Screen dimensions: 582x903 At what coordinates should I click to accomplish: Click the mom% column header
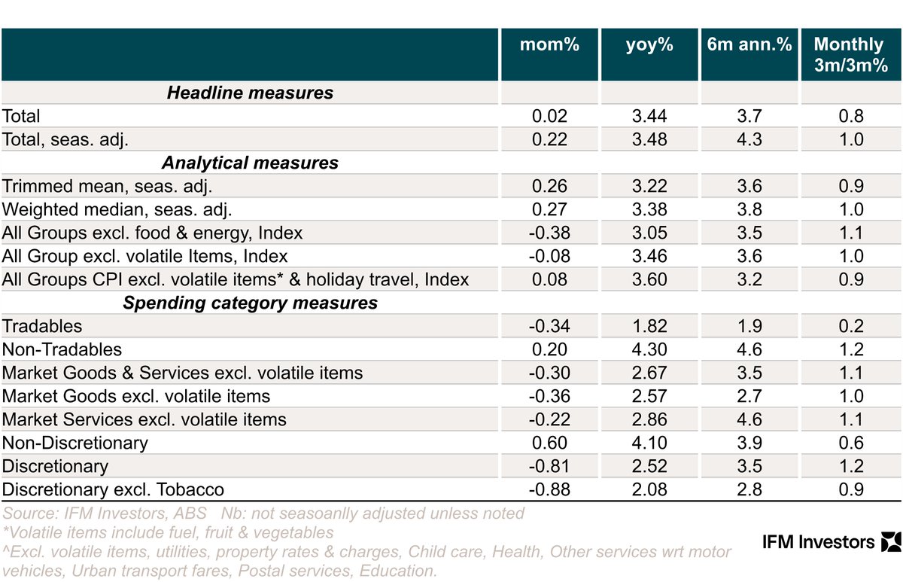tap(549, 45)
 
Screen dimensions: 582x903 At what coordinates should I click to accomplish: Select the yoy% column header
tap(649, 45)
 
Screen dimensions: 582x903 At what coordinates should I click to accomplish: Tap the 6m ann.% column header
tap(749, 45)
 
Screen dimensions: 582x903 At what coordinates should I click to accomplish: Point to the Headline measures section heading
tap(250, 93)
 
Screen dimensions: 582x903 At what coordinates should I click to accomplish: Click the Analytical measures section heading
tap(250, 163)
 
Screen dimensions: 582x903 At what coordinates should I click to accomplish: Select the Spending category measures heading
tap(250, 303)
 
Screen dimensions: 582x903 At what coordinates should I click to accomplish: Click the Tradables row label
tap(42, 327)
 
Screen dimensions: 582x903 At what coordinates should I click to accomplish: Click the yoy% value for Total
tap(649, 117)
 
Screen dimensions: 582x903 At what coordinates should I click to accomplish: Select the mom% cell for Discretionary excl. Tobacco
tap(549, 490)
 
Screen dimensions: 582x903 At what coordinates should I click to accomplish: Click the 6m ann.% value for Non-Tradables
tap(749, 350)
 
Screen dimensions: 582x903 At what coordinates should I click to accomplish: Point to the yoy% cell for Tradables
tap(649, 327)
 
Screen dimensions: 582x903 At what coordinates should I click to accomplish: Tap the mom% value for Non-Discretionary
tap(549, 443)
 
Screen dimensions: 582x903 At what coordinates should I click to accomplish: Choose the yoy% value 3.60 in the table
tap(649, 280)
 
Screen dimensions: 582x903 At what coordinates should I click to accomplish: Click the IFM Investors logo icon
tap(889, 541)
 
